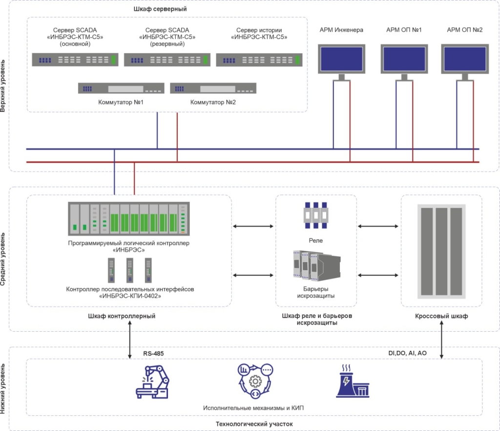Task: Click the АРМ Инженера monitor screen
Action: tap(341, 59)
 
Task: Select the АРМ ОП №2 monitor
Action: tap(464, 59)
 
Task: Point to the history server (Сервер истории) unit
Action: tap(259, 59)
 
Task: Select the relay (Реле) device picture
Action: tap(316, 216)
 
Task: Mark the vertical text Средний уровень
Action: tap(4, 259)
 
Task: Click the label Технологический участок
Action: tap(254, 423)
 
